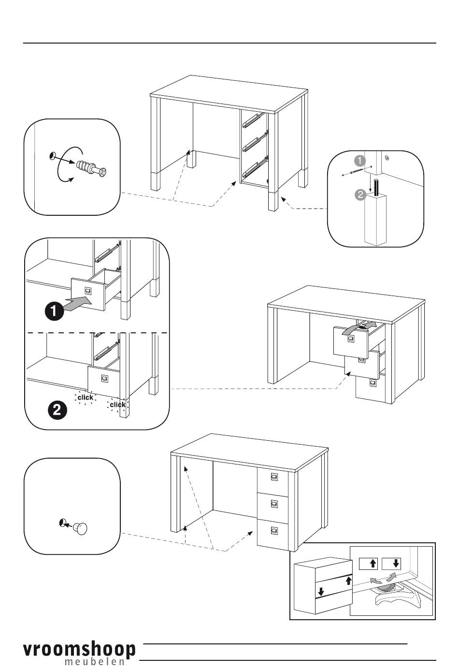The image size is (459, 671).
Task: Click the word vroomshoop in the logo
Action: pos(79,649)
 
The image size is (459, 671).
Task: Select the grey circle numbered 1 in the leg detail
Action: pos(359,160)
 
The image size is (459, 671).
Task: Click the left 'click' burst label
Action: pos(85,397)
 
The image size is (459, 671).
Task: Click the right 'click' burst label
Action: pos(117,404)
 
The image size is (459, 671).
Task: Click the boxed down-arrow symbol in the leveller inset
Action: pos(395,564)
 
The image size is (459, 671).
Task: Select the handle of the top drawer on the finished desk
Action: pos(274,477)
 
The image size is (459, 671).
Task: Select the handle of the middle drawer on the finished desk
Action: pos(274,504)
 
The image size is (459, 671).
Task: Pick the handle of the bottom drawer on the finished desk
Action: pos(274,531)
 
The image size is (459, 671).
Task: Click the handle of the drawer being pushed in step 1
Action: pos(88,291)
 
